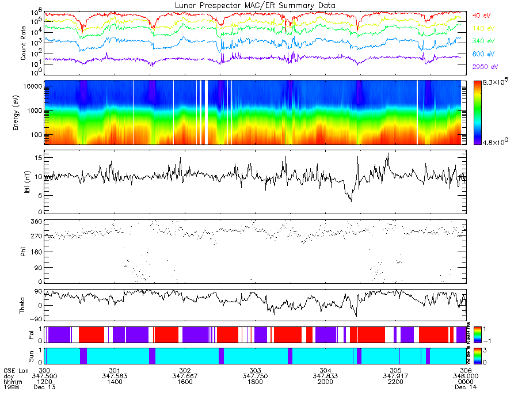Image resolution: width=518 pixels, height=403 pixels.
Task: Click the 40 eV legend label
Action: click(x=483, y=16)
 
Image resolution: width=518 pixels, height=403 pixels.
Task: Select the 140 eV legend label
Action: click(x=484, y=28)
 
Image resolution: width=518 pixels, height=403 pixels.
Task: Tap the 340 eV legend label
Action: click(x=484, y=41)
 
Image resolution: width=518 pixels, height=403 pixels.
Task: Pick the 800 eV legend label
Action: click(x=484, y=54)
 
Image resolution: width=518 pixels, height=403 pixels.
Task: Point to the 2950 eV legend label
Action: click(x=485, y=67)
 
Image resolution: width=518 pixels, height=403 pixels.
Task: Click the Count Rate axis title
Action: click(x=24, y=44)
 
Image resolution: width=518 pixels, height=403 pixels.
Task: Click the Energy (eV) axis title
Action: click(x=24, y=113)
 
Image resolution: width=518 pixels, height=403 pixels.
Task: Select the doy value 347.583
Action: click(x=115, y=376)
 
